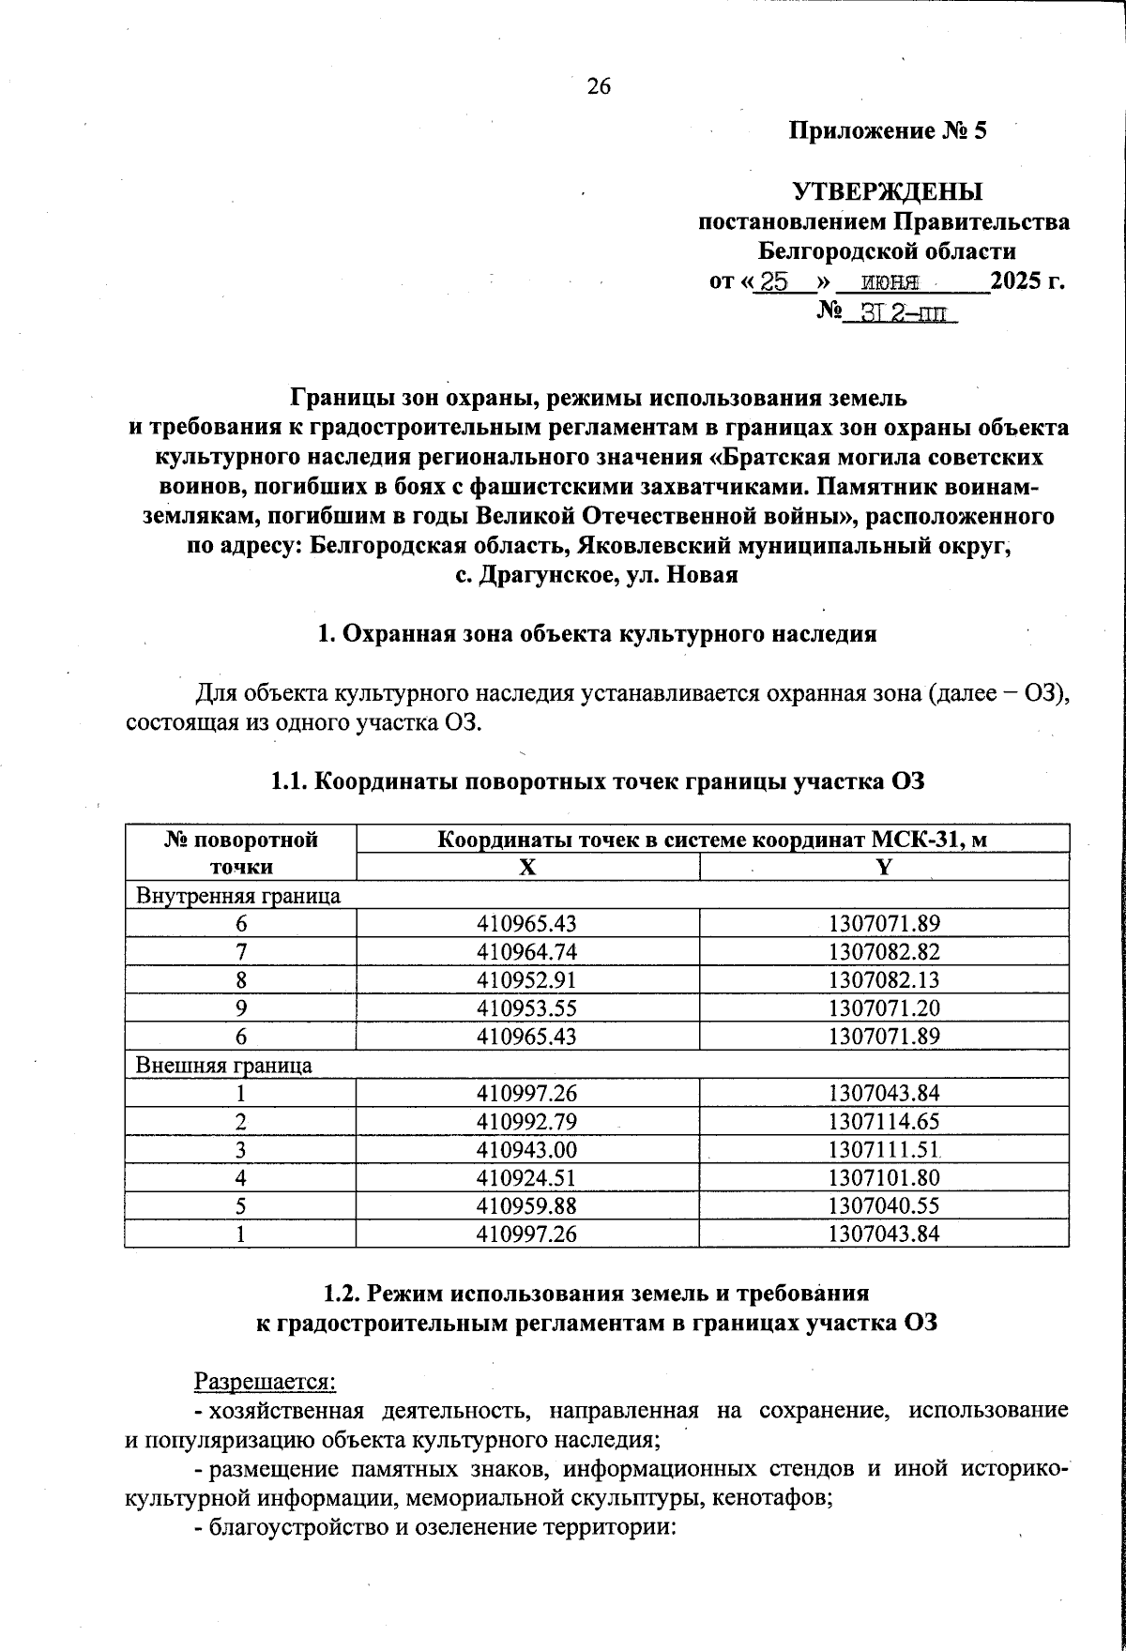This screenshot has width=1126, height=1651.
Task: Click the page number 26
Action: coord(599,87)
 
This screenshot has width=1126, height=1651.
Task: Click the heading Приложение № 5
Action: coord(887,130)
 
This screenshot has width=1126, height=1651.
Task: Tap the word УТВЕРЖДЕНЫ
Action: coord(887,191)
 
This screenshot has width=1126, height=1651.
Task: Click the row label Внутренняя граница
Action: coord(238,896)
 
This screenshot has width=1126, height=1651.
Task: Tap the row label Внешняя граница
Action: coord(224,1066)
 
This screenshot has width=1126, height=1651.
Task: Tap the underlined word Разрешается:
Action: coord(265,1382)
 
